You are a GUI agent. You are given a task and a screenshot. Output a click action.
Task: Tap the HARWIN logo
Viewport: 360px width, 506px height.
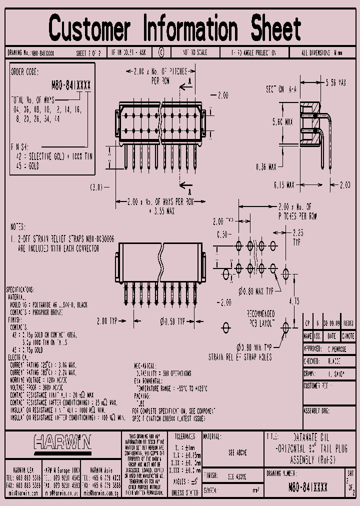[x=63, y=442]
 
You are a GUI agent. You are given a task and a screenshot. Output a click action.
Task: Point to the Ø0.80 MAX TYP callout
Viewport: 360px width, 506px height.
[x=256, y=290]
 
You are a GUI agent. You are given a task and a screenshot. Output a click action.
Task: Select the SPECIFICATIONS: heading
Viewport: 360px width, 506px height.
[x=20, y=289]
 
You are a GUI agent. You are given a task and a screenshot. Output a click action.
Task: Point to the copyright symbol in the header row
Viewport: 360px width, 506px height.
[x=160, y=52]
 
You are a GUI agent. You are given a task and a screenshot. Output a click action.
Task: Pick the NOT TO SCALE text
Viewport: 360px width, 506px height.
[x=196, y=52]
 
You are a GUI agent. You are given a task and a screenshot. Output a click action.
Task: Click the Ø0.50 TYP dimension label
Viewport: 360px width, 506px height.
[x=172, y=320]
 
